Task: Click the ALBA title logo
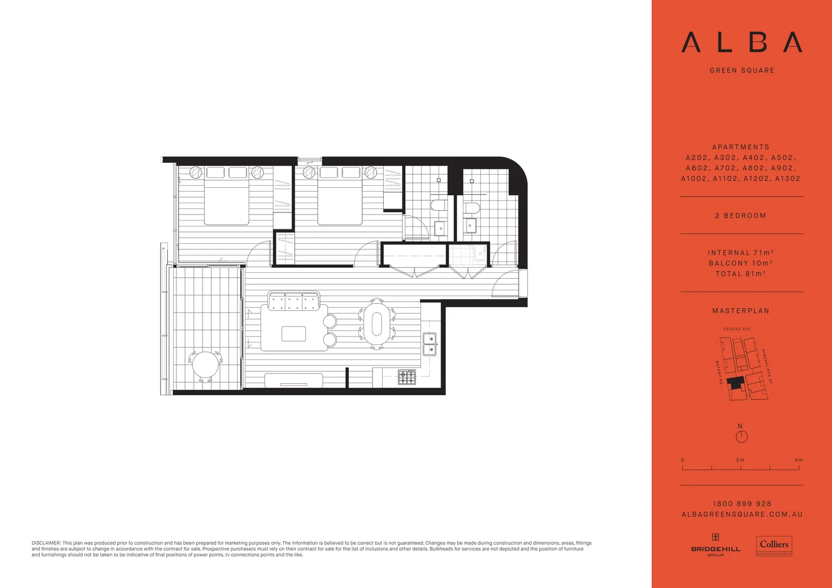[x=742, y=42]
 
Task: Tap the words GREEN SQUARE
[x=742, y=70]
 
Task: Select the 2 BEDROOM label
[x=741, y=216]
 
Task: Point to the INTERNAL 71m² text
[x=741, y=253]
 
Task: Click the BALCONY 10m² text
[x=741, y=263]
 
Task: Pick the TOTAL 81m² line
[x=741, y=273]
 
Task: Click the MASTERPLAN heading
[x=741, y=311]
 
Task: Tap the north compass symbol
[x=742, y=436]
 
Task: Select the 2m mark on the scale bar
[x=740, y=461]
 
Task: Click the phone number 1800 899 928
[x=742, y=504]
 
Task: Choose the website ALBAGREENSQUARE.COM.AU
[x=742, y=514]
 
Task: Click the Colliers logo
[x=774, y=545]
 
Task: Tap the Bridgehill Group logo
[x=715, y=545]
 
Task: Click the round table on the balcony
[x=205, y=365]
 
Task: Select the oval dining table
[x=376, y=323]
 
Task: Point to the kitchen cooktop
[x=407, y=376]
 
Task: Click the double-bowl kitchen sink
[x=430, y=344]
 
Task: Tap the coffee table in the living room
[x=293, y=333]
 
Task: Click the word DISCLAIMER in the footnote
[x=46, y=543]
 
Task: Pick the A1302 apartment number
[x=787, y=179]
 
